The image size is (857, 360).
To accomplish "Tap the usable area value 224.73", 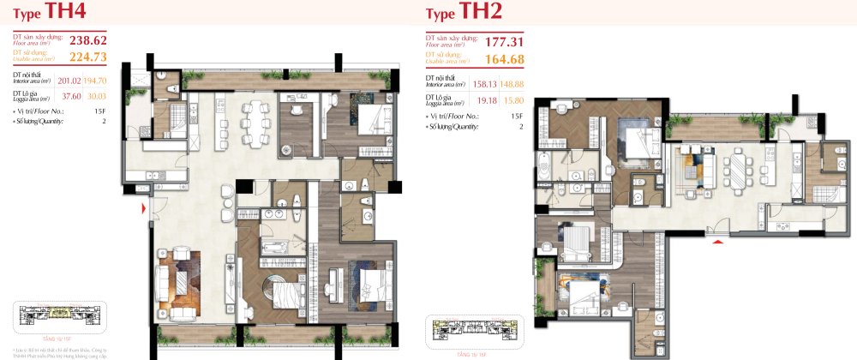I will click(x=88, y=57).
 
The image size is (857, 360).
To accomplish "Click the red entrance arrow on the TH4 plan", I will click(x=144, y=208).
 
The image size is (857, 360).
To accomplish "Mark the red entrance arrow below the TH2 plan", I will click(x=718, y=243).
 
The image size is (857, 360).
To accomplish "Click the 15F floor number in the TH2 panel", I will click(x=516, y=115).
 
